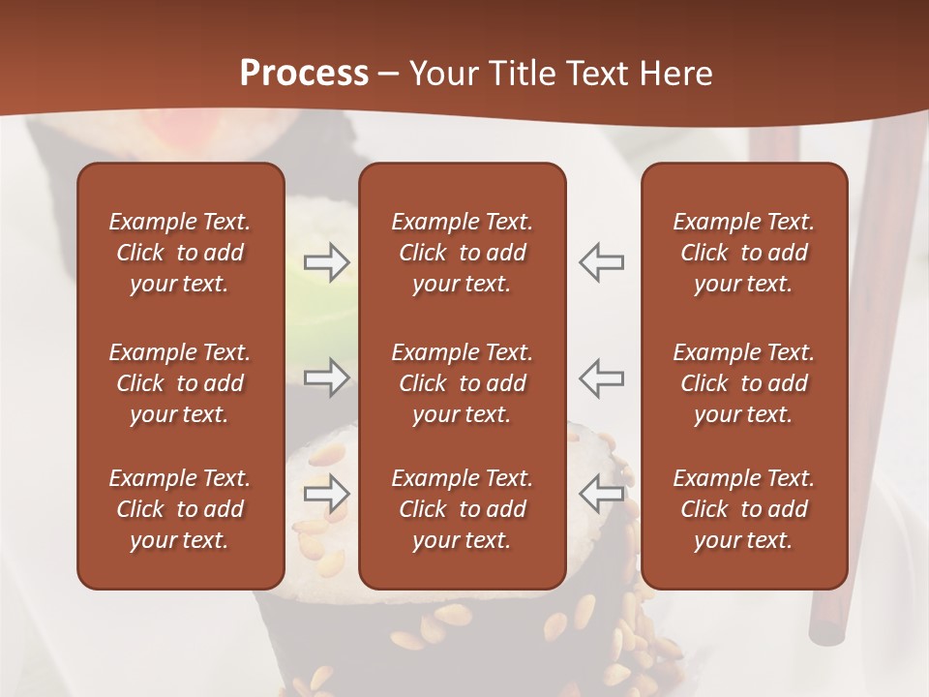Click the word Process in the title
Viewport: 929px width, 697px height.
[304, 74]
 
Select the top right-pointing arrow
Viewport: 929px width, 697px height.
[327, 262]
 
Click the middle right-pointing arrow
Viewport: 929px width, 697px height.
[327, 378]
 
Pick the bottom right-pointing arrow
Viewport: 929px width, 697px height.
[327, 493]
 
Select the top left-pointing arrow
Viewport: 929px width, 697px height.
[601, 262]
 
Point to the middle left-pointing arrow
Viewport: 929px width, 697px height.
[601, 378]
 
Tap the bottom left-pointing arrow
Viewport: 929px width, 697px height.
[601, 493]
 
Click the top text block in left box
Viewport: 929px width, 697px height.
[180, 253]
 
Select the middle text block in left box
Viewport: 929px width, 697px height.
[180, 383]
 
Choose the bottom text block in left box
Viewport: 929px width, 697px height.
[180, 509]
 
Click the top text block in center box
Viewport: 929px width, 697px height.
[462, 253]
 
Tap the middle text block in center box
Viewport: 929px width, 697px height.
[462, 383]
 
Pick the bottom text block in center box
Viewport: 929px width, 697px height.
[462, 509]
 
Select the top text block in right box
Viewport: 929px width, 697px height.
[743, 253]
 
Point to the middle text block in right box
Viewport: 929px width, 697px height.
[743, 383]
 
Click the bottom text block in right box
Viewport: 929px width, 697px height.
[743, 509]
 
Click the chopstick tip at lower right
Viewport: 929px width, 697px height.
[825, 634]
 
